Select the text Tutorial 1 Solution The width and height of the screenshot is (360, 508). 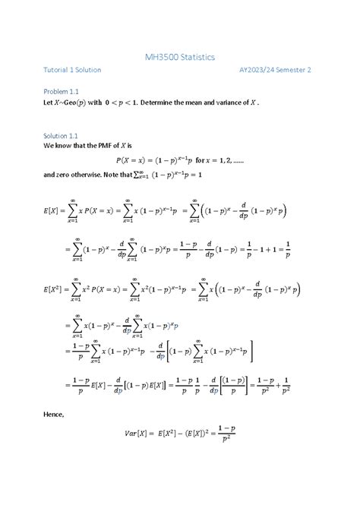72,70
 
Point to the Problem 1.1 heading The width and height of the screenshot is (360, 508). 63,92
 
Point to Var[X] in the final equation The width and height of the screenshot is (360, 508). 141,434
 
